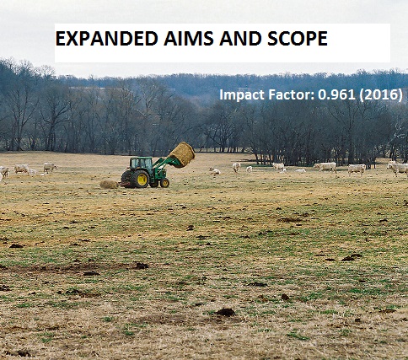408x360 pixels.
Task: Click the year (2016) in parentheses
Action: coord(377,94)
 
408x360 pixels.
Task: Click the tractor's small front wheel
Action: coord(164,182)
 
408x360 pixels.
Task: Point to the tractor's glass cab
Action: coord(142,164)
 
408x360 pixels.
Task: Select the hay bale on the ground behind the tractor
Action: coord(109,184)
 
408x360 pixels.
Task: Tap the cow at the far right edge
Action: coord(397,168)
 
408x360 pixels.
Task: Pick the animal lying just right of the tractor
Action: coord(215,172)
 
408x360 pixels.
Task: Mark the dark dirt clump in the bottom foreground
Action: coord(225,312)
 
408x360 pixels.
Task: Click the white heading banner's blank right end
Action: coord(362,42)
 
